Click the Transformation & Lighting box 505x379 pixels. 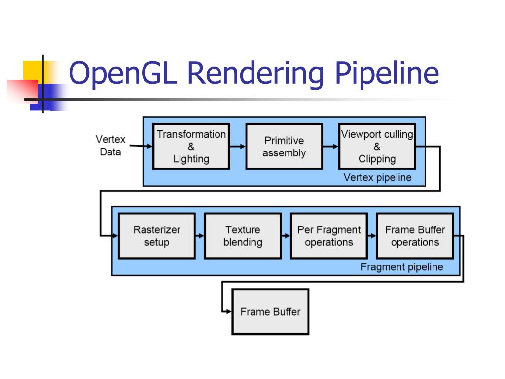tap(191, 146)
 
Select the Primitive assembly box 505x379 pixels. tap(284, 146)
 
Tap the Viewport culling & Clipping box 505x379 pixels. tap(377, 146)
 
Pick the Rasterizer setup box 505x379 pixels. tap(157, 235)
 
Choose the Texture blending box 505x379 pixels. tap(243, 235)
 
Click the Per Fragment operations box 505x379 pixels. tap(329, 235)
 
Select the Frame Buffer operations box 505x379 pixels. tap(415, 235)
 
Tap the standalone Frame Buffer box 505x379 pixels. tap(270, 311)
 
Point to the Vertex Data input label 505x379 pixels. tap(110, 146)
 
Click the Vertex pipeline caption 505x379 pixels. tap(377, 178)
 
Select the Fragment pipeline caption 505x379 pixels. tap(402, 267)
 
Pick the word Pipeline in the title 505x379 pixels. tap(386, 73)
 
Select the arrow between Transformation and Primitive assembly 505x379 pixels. tap(237, 146)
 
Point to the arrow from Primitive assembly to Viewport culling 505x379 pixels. tap(330, 146)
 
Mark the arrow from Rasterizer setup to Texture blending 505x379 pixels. tap(199, 236)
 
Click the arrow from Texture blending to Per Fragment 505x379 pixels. tap(286, 236)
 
